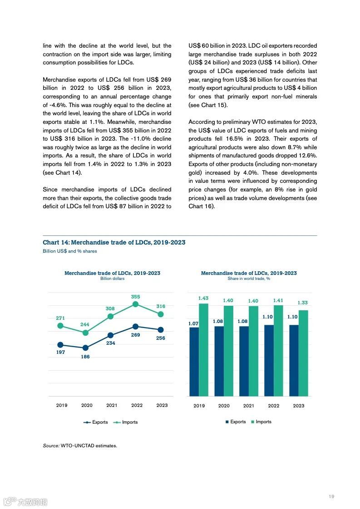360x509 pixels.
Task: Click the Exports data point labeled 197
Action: [60, 345]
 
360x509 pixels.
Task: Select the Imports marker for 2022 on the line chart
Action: [136, 304]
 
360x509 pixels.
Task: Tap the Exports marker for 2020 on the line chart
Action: [85, 348]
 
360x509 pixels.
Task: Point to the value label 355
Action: [136, 297]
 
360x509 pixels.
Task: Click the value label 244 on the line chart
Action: [85, 324]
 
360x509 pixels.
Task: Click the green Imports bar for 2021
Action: [253, 351]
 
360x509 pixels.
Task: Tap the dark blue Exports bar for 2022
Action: [269, 360]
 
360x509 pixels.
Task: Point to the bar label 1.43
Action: [203, 298]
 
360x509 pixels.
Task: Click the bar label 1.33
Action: [303, 303]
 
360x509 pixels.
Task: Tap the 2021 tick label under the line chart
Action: [111, 405]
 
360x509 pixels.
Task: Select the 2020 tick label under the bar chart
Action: [224, 406]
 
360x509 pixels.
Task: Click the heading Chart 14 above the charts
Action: [114, 242]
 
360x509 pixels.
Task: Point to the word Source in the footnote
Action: [50, 445]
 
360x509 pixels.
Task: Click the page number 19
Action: [331, 496]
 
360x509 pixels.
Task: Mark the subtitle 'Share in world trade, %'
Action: [249, 279]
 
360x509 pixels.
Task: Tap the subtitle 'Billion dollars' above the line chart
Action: [112, 279]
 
